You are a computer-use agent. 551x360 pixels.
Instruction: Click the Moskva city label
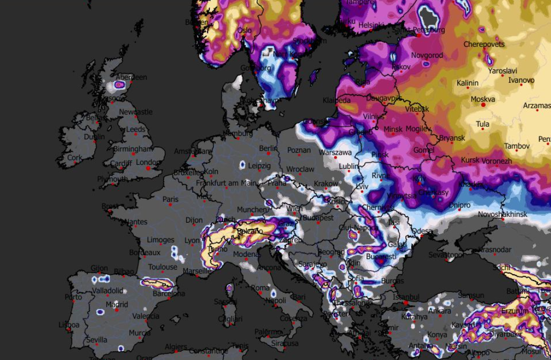click(x=483, y=99)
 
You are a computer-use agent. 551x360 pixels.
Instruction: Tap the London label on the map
click(x=148, y=162)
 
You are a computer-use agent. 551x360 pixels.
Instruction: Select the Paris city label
click(x=171, y=199)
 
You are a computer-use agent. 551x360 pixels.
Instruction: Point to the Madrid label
click(x=116, y=304)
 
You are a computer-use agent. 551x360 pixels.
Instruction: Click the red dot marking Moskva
click(x=483, y=105)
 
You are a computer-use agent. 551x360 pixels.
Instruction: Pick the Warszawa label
click(x=335, y=153)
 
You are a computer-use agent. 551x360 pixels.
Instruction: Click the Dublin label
click(x=94, y=137)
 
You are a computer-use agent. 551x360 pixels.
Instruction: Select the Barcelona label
click(x=169, y=294)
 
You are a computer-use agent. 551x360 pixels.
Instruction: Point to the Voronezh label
click(x=496, y=161)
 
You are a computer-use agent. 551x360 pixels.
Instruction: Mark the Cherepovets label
click(x=484, y=44)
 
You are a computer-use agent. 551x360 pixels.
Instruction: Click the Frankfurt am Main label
click(x=226, y=183)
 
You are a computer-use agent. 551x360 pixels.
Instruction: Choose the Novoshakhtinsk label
click(x=503, y=214)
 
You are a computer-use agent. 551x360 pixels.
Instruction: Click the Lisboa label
click(x=69, y=325)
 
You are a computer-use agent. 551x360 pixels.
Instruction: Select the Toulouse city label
click(x=163, y=267)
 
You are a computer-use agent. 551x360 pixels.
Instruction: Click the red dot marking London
click(x=148, y=168)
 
